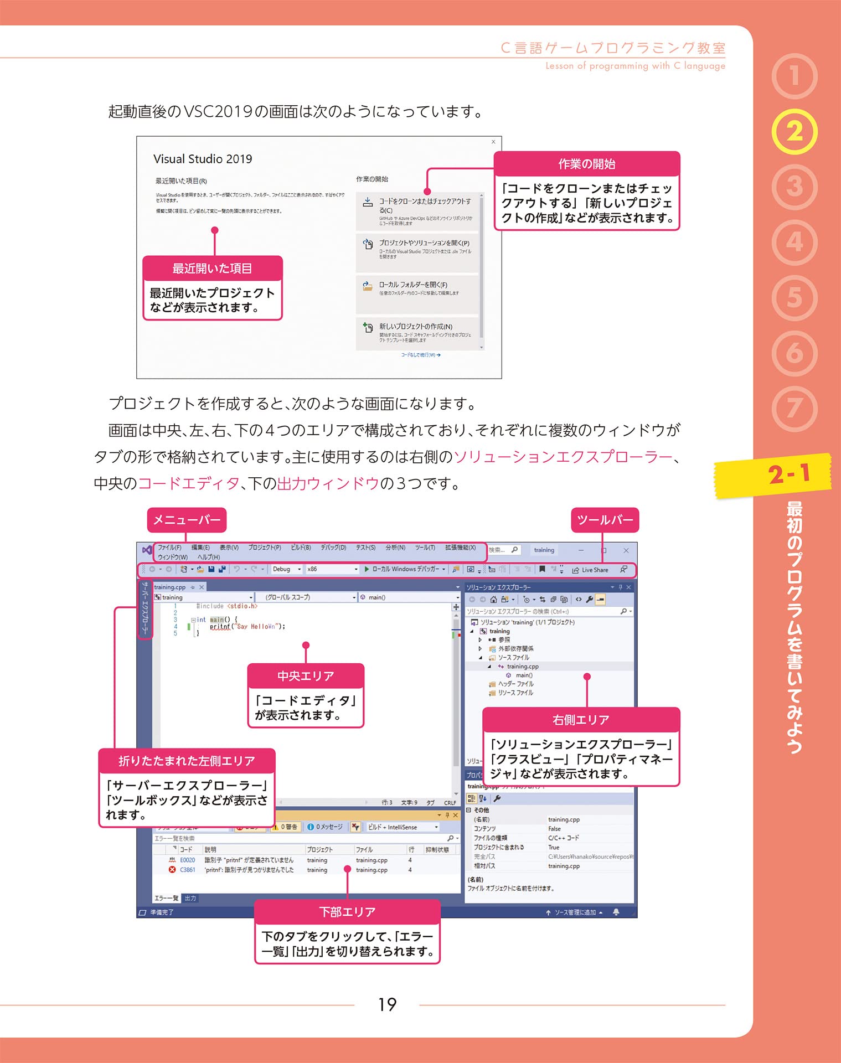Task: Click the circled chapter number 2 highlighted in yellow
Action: (x=794, y=132)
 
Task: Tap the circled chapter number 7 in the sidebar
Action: (x=794, y=409)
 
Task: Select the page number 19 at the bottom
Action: (x=387, y=1004)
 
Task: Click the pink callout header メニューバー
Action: (x=187, y=520)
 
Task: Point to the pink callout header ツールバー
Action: (x=605, y=520)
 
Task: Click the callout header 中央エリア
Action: (x=306, y=676)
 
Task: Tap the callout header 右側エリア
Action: (x=580, y=720)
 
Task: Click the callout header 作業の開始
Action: (x=586, y=164)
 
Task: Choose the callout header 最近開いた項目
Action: (x=212, y=269)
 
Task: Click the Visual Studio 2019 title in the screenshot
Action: (x=203, y=159)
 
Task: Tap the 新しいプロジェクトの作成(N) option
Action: (x=415, y=327)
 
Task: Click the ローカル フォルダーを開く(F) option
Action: (x=413, y=285)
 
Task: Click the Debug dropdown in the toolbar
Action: (x=286, y=569)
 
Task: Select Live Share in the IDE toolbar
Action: (x=594, y=570)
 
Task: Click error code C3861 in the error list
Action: (x=187, y=870)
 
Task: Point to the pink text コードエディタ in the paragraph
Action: (x=188, y=483)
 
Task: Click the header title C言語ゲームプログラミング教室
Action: (x=613, y=48)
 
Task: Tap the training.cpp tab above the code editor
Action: (x=170, y=587)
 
